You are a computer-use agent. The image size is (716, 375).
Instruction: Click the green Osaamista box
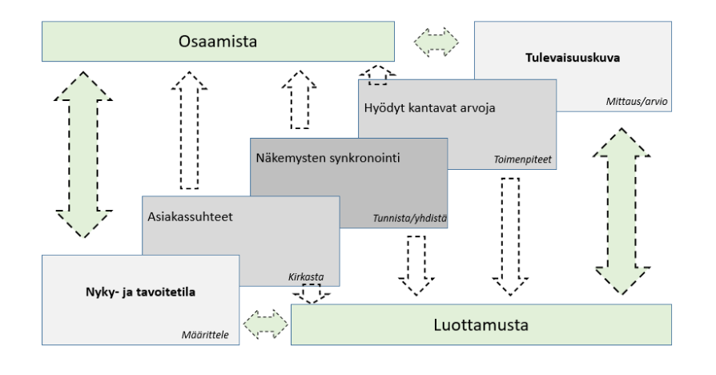pyautogui.click(x=219, y=41)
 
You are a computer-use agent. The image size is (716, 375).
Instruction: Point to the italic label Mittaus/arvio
pyautogui.click(x=644, y=101)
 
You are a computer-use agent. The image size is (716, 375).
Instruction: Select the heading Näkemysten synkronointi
pyautogui.click(x=328, y=157)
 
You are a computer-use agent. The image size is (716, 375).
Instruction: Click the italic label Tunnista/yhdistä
pyautogui.click(x=409, y=218)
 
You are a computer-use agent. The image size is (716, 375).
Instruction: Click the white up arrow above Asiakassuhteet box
pyautogui.click(x=189, y=131)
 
